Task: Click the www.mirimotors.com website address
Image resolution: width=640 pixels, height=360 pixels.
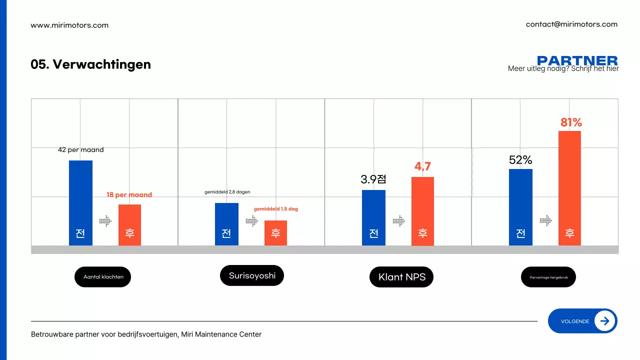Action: [x=69, y=25]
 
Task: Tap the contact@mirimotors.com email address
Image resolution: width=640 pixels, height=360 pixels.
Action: [x=571, y=24]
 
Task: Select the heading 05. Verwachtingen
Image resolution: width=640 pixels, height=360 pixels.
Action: [x=90, y=64]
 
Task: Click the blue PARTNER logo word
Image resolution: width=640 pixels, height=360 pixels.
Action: [x=577, y=60]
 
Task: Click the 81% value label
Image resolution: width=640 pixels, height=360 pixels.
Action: [x=571, y=122]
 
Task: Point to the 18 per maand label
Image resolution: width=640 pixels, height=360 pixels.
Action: [x=129, y=194]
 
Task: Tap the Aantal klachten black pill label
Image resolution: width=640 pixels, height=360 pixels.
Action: [x=102, y=276]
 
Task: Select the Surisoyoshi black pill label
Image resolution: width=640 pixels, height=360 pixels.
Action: [x=252, y=275]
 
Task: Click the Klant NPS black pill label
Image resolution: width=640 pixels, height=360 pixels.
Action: [x=401, y=277]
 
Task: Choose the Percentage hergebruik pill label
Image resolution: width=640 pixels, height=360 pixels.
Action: [x=548, y=276]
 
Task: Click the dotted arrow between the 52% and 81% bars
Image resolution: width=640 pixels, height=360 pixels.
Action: [x=545, y=220]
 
